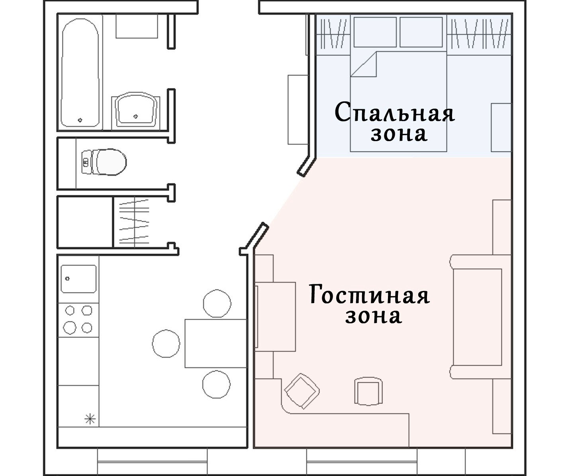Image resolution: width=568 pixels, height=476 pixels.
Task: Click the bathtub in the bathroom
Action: [x=80, y=73]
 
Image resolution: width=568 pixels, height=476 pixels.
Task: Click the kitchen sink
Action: [x=78, y=279]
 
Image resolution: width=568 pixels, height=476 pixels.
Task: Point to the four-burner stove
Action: [x=78, y=320]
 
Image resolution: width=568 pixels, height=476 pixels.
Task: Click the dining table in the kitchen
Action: [x=216, y=343]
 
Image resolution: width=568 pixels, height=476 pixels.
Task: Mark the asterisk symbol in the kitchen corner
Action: [x=90, y=419]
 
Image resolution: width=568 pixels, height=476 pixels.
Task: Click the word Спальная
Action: [x=395, y=112]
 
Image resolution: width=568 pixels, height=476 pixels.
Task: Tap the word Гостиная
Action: [x=369, y=294]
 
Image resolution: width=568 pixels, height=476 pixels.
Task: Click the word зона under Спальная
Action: [x=399, y=134]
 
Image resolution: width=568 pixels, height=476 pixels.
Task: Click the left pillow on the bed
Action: [x=375, y=32]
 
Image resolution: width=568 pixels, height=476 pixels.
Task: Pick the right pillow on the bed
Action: [x=421, y=32]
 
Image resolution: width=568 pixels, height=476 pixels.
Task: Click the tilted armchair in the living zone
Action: [x=302, y=391]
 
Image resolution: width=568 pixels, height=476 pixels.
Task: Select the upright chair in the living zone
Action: [x=368, y=391]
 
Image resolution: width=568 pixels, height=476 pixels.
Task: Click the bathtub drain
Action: [x=80, y=120]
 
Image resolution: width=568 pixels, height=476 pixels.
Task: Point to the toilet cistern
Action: [x=86, y=162]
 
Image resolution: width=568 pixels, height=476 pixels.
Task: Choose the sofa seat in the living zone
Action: [x=478, y=317]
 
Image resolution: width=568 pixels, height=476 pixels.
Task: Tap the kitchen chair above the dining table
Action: [x=217, y=303]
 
